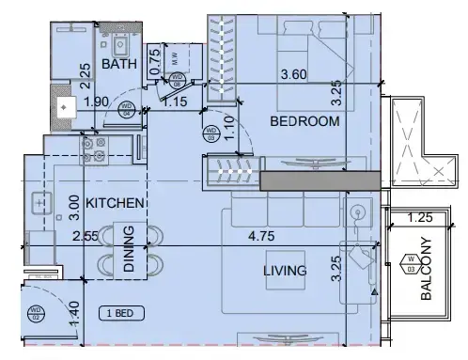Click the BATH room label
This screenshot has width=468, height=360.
coord(119,65)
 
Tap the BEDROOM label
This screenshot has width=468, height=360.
coord(304,122)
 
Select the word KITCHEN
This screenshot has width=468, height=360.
coord(115,202)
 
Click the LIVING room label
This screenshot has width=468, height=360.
coord(285,271)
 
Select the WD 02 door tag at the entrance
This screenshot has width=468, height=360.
coord(35,311)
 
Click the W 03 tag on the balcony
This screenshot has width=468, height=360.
coord(410,263)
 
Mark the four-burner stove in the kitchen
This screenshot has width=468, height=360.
coord(97,147)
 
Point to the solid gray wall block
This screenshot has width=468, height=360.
coord(320,180)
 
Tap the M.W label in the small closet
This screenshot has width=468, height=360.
coord(176,56)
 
